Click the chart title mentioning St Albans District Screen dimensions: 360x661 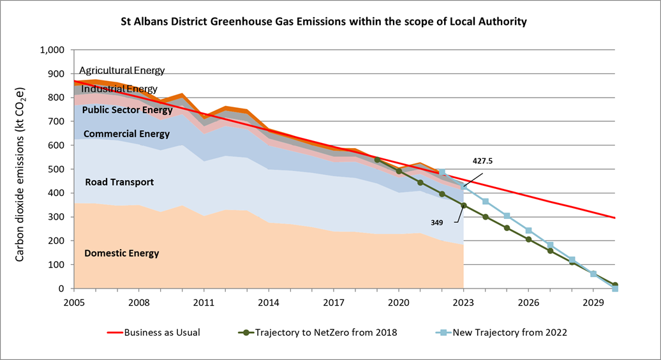pos(324,22)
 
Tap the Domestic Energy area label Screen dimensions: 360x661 pos(121,253)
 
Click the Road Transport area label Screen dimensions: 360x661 pos(119,182)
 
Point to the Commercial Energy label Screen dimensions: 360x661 pos(126,134)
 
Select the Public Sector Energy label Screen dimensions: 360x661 pos(128,110)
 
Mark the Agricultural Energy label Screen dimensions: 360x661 pos(122,70)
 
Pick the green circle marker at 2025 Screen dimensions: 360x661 pos(507,228)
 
